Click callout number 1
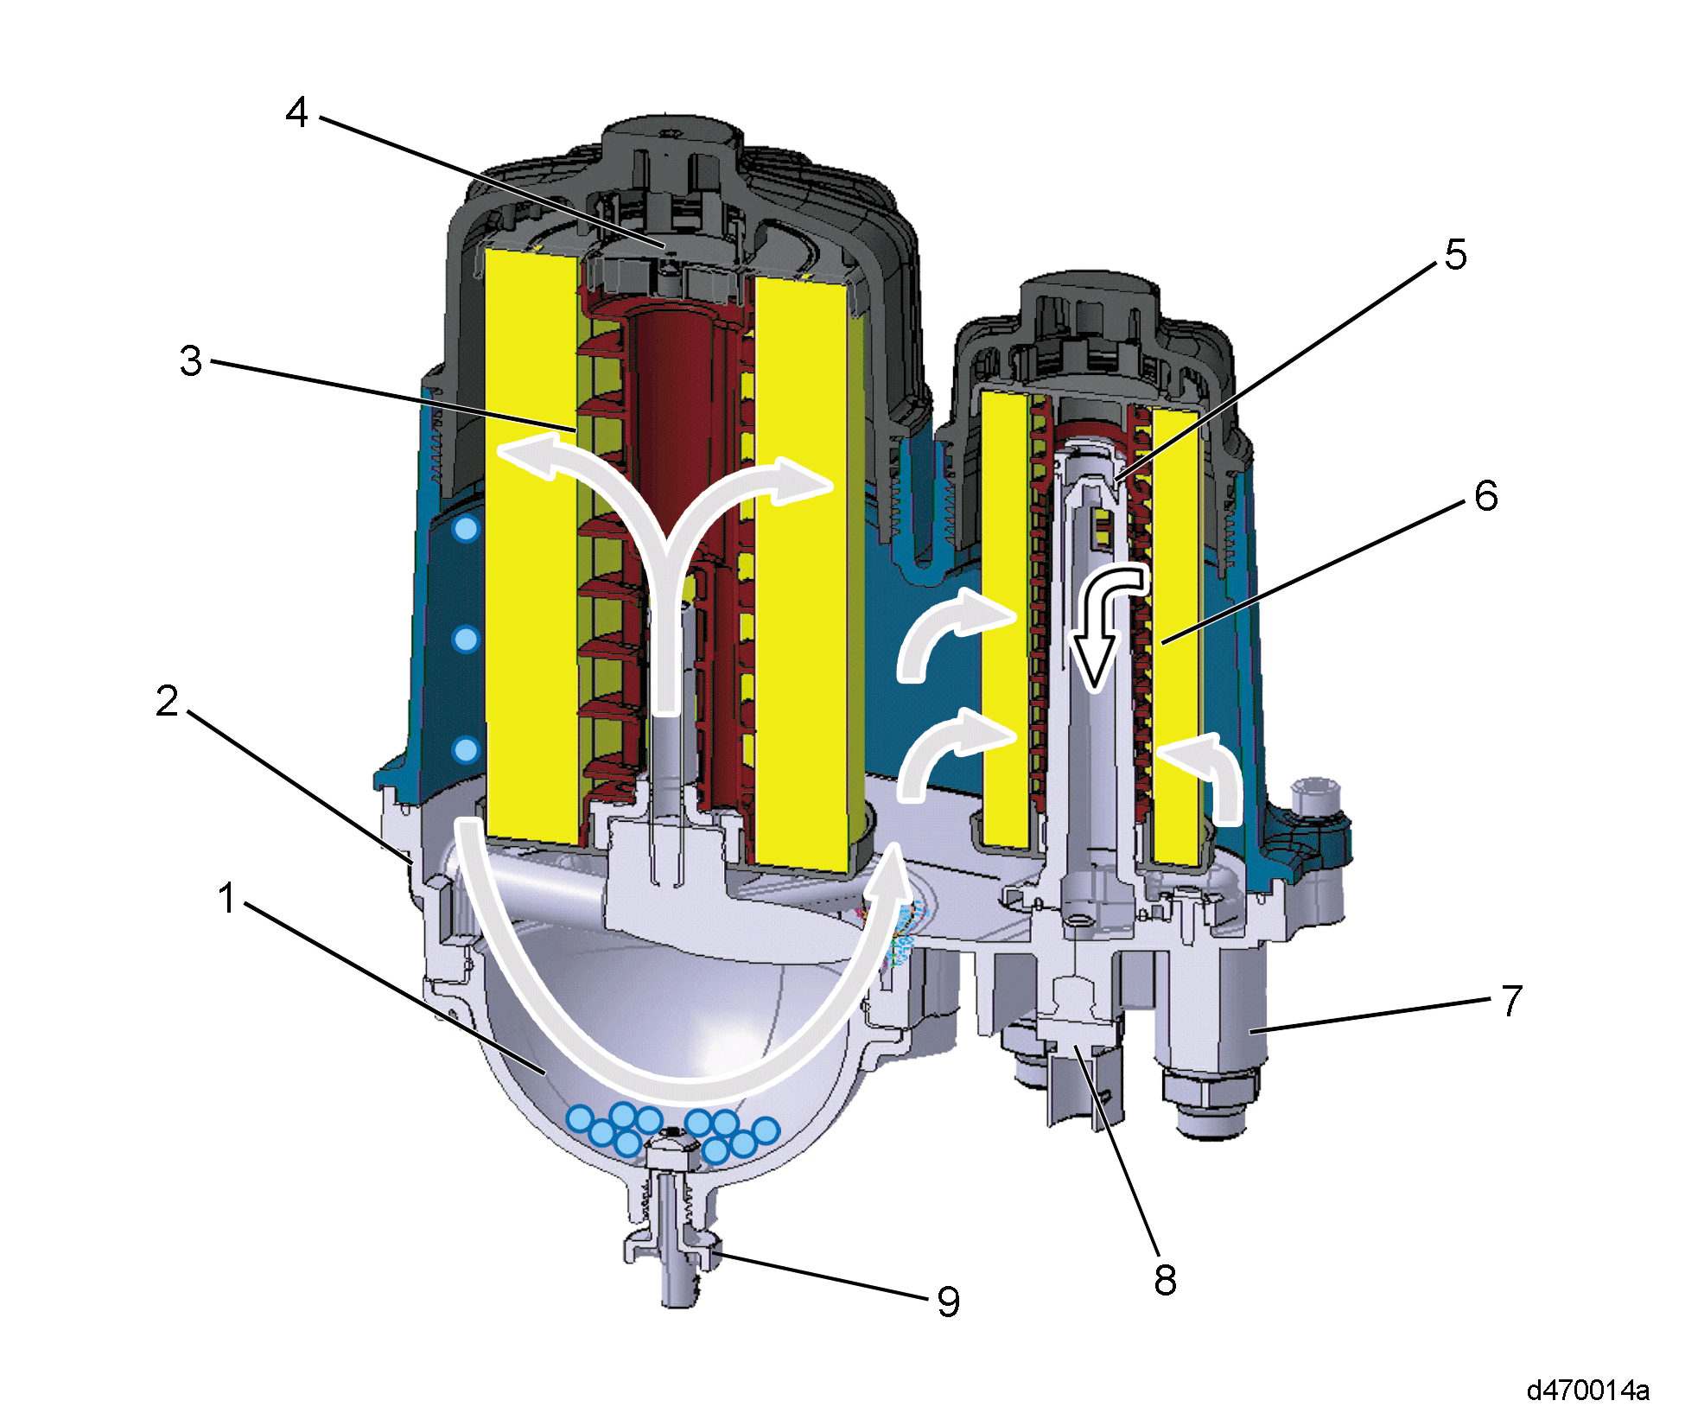[227, 898]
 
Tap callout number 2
[168, 700]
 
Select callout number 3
[191, 360]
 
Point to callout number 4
[297, 111]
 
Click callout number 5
[1456, 255]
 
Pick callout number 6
[1486, 496]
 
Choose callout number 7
[1511, 1001]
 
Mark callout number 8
[1166, 1280]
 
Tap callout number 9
[949, 1302]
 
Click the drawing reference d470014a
[1588, 1390]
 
